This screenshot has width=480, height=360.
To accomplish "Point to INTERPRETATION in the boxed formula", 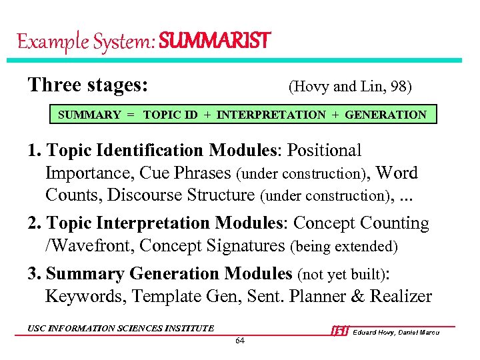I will tap(271, 115).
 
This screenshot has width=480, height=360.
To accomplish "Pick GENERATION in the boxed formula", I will tap(387, 115).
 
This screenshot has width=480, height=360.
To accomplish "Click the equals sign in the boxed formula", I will tap(131, 115).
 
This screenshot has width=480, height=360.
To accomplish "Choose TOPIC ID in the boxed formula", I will tap(170, 115).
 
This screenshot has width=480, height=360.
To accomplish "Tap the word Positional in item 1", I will tap(323, 151).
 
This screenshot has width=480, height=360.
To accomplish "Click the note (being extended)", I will tap(344, 247).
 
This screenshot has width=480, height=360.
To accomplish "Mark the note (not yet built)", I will tap(346, 274).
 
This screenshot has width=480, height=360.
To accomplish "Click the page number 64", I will tap(240, 341).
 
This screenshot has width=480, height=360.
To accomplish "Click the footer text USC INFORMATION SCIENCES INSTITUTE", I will tap(121, 328).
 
